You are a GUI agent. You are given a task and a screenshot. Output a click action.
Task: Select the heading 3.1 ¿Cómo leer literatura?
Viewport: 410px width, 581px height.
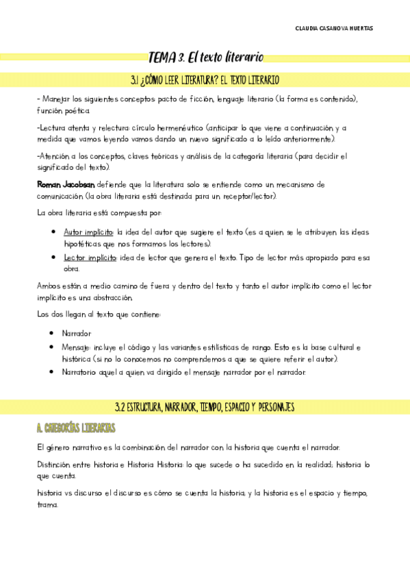coord(205,80)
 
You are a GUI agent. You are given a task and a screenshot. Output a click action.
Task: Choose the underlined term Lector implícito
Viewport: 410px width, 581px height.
coord(90,257)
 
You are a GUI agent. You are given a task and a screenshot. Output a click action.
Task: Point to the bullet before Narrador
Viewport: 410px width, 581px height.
coord(53,333)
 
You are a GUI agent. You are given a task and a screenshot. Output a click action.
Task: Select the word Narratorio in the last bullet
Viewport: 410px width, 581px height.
coord(81,372)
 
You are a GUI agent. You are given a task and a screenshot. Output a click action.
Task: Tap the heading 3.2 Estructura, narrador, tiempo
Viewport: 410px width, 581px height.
coord(205,408)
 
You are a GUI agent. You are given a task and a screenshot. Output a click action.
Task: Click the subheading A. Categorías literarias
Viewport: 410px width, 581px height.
coord(76,428)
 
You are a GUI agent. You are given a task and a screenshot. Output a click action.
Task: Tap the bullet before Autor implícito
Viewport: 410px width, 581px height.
coord(53,232)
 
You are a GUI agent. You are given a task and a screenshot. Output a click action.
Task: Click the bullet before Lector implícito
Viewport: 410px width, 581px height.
coord(53,257)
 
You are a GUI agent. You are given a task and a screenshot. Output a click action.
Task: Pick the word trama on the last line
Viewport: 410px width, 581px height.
coord(48,505)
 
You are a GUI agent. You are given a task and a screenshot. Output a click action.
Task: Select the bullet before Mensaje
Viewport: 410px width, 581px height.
coord(53,347)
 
